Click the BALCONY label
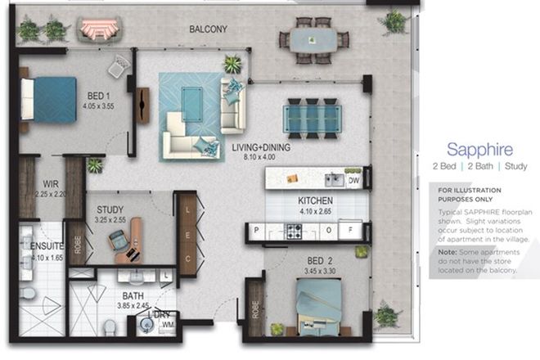click(x=208, y=29)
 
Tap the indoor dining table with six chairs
click(x=311, y=115)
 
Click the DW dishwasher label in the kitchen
click(x=353, y=180)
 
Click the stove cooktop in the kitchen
click(x=293, y=232)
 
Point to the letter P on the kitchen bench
click(x=256, y=232)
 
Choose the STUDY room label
click(x=110, y=209)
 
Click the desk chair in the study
click(x=119, y=240)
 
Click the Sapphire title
click(x=479, y=150)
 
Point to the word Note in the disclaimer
click(x=447, y=253)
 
